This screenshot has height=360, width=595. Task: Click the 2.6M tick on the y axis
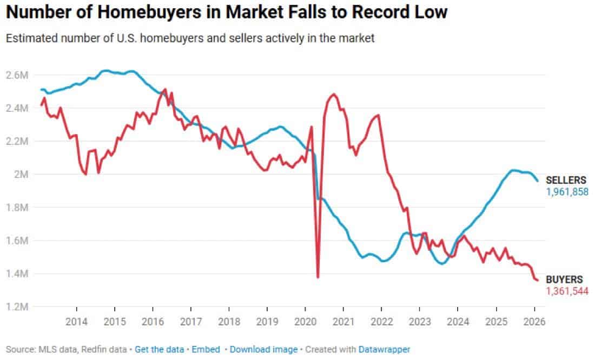tap(17, 75)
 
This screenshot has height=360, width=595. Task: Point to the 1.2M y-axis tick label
tap(17, 306)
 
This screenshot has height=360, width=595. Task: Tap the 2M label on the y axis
tap(20, 174)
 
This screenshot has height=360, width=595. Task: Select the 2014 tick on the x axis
tap(76, 320)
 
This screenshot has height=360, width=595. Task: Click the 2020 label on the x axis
tap(305, 320)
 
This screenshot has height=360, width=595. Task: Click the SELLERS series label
tap(565, 181)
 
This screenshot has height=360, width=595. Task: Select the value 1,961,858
tap(566, 192)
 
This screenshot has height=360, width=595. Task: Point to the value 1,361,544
tap(566, 291)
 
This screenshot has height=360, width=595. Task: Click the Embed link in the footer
tap(206, 350)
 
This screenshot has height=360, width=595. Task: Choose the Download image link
tap(263, 350)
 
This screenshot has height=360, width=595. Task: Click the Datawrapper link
tap(384, 350)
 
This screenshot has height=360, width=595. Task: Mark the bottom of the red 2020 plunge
tap(318, 277)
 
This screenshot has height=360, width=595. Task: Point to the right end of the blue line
tap(537, 181)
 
